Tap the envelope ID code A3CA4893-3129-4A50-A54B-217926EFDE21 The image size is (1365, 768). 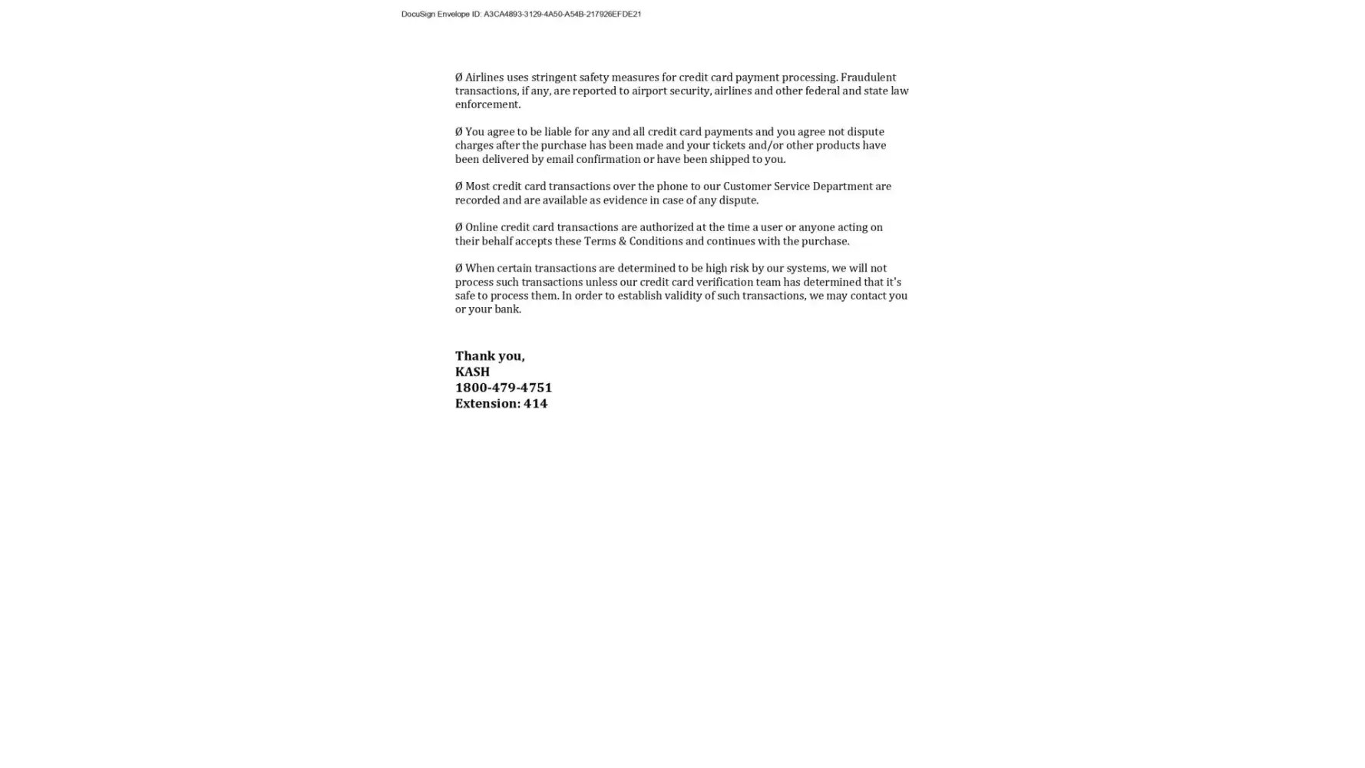coord(562,14)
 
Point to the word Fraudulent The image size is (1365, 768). coord(868,78)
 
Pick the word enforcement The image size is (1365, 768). coord(487,104)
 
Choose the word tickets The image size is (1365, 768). coord(729,146)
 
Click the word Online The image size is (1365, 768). coord(481,227)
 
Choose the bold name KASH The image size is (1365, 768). coord(472,372)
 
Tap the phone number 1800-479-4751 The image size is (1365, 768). coord(503,388)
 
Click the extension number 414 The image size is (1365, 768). coord(535,404)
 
